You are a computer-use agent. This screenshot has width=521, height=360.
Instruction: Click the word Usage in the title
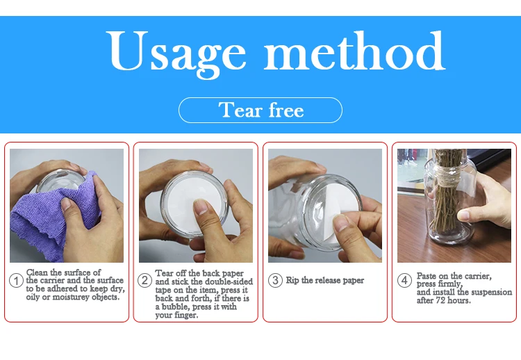click(x=176, y=54)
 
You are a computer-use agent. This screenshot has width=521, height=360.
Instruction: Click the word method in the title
click(x=354, y=51)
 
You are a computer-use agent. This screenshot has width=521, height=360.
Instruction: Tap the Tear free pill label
click(x=260, y=110)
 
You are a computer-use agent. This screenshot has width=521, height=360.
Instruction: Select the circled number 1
click(x=16, y=281)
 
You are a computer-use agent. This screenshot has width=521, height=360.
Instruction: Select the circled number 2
click(x=145, y=280)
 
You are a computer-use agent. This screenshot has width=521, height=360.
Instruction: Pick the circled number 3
click(x=275, y=280)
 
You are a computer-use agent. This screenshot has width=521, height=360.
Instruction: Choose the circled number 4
click(x=404, y=280)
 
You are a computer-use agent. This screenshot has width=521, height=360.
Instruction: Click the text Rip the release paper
click(x=325, y=281)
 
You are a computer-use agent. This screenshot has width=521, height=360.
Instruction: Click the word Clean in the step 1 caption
click(x=37, y=272)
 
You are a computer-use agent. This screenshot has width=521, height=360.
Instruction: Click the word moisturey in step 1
click(x=71, y=297)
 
